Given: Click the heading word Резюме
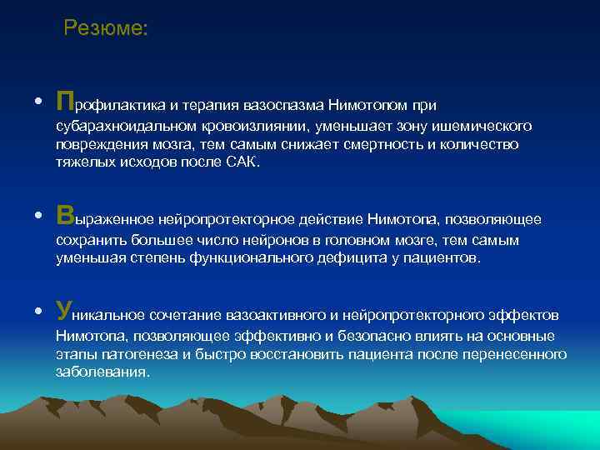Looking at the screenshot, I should (106, 28).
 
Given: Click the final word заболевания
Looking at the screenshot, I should (102, 372).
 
